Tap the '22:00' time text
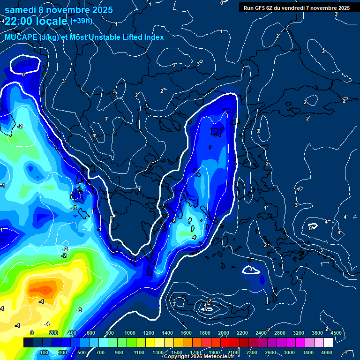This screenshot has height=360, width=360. (20, 22)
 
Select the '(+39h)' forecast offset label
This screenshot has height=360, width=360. (81, 21)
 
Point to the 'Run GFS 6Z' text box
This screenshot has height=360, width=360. (297, 7)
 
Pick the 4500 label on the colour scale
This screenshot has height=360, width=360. (336, 333)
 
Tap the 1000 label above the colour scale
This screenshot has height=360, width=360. (129, 333)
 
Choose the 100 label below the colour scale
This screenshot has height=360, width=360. (45, 352)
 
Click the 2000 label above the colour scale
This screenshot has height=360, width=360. (223, 333)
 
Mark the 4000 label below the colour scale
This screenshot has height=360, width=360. (327, 352)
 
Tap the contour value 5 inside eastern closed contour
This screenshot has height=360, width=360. (310, 228)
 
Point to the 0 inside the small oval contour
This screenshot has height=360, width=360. (251, 269)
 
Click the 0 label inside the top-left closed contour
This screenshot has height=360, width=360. (23, 74)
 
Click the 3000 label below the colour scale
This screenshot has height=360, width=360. (289, 352)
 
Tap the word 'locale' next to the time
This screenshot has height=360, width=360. (52, 22)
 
